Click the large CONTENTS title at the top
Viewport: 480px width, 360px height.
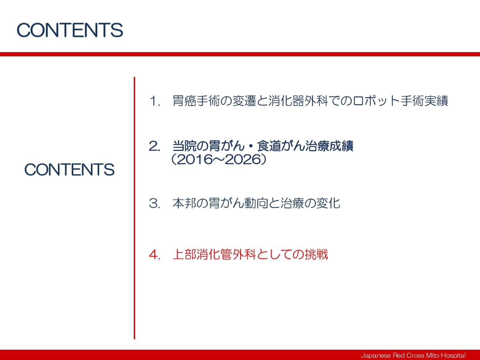(x=70, y=30)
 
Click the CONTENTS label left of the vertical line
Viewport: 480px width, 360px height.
(x=69, y=169)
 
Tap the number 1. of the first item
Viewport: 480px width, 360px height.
(x=155, y=101)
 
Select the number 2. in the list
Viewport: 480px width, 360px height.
(x=154, y=146)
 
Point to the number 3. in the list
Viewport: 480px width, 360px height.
(x=154, y=203)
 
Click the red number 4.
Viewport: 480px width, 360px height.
(x=154, y=255)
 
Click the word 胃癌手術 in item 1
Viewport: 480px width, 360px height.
(x=196, y=101)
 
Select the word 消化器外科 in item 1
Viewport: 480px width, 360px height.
(x=298, y=101)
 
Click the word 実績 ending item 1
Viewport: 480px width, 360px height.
(x=436, y=101)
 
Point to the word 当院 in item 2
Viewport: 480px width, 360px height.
(x=184, y=146)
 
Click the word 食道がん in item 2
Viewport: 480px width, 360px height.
(x=281, y=146)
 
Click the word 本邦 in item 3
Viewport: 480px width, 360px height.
(x=184, y=203)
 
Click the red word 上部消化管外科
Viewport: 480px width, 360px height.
(x=214, y=254)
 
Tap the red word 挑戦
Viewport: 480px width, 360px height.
(x=316, y=254)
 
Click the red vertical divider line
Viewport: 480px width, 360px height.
(x=134, y=208)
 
